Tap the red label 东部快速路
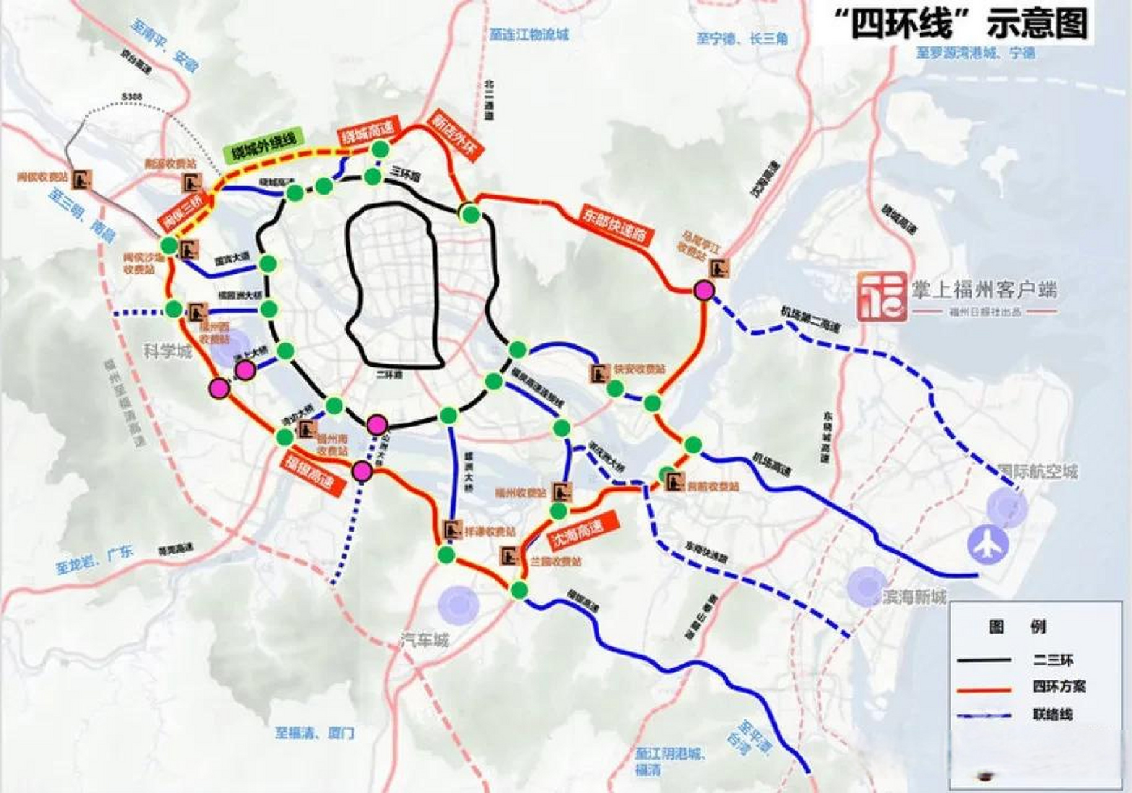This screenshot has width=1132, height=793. [x=613, y=224]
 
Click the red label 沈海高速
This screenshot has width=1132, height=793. [x=577, y=530]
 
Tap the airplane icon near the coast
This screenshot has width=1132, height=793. [x=988, y=545]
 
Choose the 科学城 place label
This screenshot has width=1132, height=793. [x=167, y=351]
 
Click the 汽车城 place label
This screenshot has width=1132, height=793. [x=424, y=639]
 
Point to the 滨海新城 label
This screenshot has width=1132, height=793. [x=913, y=597]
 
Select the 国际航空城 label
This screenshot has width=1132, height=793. [x=1038, y=471]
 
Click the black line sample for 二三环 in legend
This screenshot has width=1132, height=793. [x=984, y=660]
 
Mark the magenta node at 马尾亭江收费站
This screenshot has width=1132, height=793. [x=703, y=290]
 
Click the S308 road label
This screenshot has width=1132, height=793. [x=131, y=97]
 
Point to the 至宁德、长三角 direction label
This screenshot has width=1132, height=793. [x=742, y=38]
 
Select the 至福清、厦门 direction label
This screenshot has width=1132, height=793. [x=315, y=734]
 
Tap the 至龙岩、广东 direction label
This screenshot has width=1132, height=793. [x=94, y=558]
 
